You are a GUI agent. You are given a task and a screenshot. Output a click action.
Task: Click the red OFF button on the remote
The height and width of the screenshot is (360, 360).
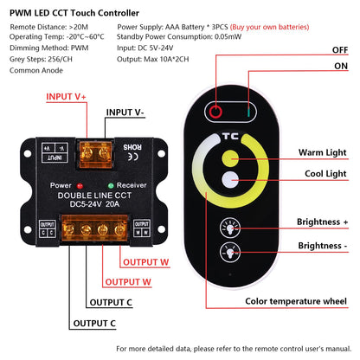click(215, 112)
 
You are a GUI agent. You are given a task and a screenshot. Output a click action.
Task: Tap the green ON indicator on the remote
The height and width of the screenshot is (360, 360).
click(248, 112)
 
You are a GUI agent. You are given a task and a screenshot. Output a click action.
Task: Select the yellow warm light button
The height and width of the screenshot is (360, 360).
click(230, 158)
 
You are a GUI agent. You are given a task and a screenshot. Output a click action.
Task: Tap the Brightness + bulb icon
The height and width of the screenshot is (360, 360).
click(230, 228)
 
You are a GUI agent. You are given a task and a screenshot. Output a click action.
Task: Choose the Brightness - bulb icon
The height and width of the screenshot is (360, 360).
click(230, 252)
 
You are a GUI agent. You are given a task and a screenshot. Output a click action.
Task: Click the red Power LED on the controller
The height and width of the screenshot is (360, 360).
click(80, 185)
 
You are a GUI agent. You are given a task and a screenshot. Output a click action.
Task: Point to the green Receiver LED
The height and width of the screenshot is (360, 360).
click(111, 185)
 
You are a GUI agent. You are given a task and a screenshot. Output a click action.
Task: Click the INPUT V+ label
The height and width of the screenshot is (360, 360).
click(66, 97)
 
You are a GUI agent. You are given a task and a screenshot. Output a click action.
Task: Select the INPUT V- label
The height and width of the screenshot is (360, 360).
click(125, 112)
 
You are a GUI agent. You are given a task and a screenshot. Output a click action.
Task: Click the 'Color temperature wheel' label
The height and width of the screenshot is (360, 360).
click(296, 301)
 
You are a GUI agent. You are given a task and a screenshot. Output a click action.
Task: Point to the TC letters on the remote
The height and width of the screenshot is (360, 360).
click(230, 136)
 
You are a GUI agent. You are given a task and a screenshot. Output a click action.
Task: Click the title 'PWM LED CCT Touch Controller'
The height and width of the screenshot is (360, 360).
click(74, 13)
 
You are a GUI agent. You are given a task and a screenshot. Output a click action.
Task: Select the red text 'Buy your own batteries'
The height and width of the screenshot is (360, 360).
click(269, 27)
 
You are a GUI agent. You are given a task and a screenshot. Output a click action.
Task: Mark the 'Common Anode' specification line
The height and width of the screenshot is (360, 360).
click(36, 70)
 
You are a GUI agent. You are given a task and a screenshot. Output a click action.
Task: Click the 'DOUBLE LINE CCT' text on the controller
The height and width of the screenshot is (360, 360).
click(94, 196)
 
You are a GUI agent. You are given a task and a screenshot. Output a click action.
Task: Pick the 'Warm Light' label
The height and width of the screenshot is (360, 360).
click(323, 152)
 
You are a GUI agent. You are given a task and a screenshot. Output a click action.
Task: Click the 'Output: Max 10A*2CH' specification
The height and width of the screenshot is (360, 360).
click(153, 59)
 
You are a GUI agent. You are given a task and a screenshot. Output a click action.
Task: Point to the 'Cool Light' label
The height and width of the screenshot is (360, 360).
click(325, 174)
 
